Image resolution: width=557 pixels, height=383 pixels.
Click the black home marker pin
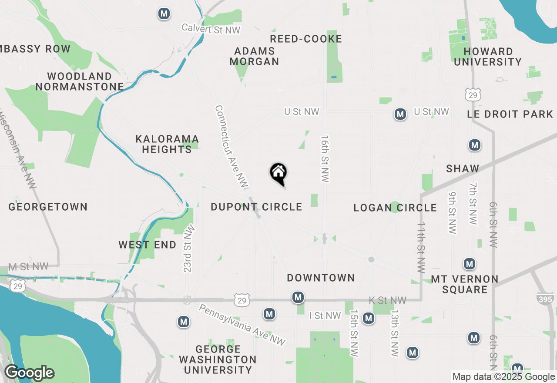[x=278, y=173]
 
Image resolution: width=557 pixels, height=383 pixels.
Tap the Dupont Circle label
[x=256, y=207]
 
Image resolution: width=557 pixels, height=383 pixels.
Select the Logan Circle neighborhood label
[x=395, y=208]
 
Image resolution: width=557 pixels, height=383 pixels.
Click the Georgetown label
[x=48, y=207]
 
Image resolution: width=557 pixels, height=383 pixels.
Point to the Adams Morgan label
[x=254, y=56]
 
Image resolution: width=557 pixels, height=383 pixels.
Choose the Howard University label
[x=488, y=57]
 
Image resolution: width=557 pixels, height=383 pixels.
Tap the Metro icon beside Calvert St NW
[x=164, y=13]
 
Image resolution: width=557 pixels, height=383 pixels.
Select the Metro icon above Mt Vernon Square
[x=469, y=264]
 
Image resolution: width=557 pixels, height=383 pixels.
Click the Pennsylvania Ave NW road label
[x=242, y=325]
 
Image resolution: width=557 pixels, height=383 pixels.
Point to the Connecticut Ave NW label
[x=231, y=147]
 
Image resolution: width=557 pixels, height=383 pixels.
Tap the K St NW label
[x=387, y=300]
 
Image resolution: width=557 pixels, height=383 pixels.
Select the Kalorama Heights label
[x=167, y=144]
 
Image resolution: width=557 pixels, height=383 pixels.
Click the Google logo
[x=29, y=373]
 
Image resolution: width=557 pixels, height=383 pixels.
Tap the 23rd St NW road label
[x=188, y=249]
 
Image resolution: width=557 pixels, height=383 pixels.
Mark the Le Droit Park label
[x=510, y=114]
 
